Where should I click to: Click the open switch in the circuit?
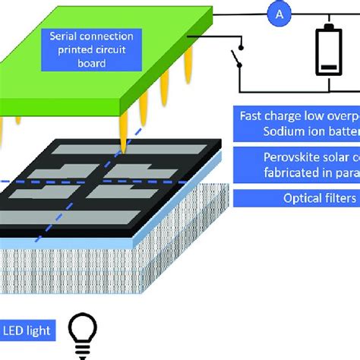click(236, 58)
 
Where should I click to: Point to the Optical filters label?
click(295, 198)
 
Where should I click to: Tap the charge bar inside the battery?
click(329, 69)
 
